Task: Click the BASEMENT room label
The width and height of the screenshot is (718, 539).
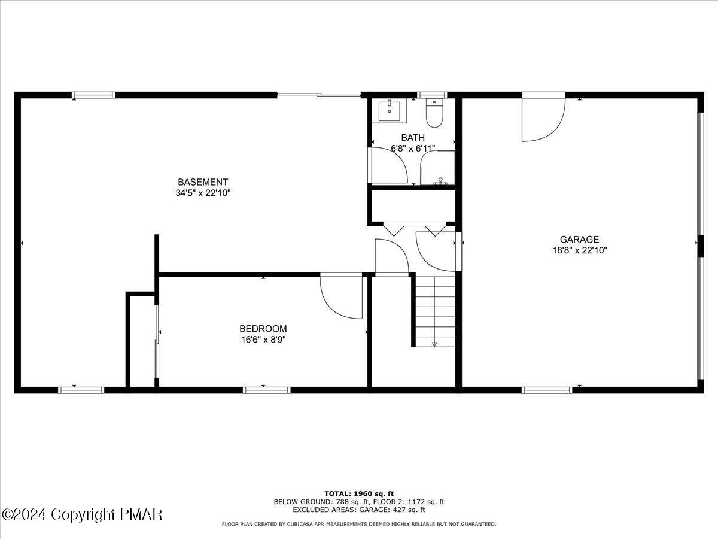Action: (203, 182)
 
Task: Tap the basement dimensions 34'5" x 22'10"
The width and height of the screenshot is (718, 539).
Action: (203, 193)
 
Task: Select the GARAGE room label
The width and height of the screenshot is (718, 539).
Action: (579, 240)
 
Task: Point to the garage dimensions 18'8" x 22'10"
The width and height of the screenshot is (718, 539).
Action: (579, 251)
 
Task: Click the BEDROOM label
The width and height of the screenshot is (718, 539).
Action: (263, 329)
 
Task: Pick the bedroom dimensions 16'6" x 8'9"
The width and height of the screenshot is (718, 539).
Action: (263, 340)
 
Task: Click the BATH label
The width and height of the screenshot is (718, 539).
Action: (413, 138)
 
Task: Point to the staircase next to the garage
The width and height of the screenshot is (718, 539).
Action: (435, 311)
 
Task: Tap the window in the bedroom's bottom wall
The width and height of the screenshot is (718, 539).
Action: (267, 390)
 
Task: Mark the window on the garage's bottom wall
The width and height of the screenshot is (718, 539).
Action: (547, 390)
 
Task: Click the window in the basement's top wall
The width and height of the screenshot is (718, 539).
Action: (94, 95)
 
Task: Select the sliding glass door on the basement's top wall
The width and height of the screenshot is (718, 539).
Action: (318, 95)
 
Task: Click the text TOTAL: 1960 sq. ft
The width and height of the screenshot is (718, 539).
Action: (359, 493)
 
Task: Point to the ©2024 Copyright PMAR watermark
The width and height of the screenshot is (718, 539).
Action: (82, 514)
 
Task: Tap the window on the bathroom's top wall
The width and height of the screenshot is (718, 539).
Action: (432, 95)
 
